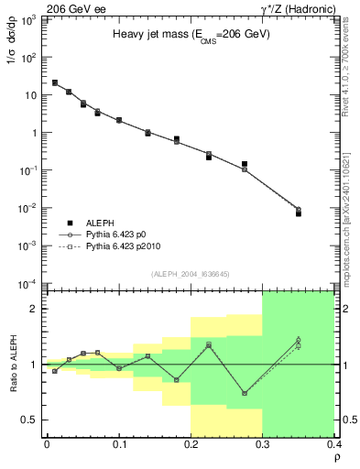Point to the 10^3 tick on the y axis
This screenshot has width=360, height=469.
(x=28, y=19)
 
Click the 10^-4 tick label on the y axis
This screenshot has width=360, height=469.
(x=28, y=283)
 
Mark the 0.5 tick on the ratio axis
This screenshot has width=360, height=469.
(x=29, y=420)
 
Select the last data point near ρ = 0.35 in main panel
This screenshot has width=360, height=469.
(x=298, y=213)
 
